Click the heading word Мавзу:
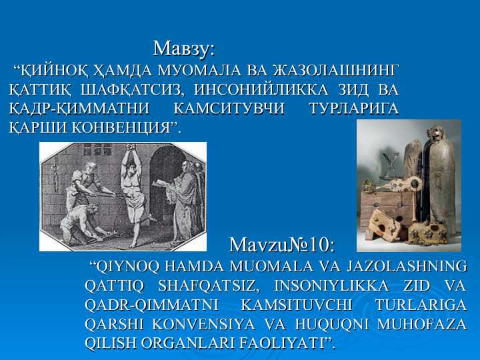[x=184, y=48]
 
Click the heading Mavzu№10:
[x=281, y=245]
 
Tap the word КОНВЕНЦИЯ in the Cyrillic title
[x=121, y=127]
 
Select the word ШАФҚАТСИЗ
[x=135, y=89]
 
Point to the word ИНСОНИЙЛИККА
[x=261, y=89]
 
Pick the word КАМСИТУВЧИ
[x=229, y=109]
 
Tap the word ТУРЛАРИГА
[x=355, y=109]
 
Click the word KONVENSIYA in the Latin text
[x=203, y=324]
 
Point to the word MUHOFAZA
[x=422, y=324]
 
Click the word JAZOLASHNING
[x=407, y=266]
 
